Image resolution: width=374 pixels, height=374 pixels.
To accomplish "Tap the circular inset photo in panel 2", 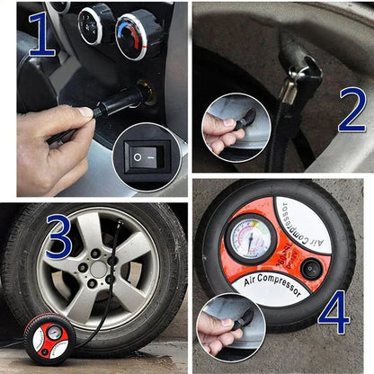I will [236, 127].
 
